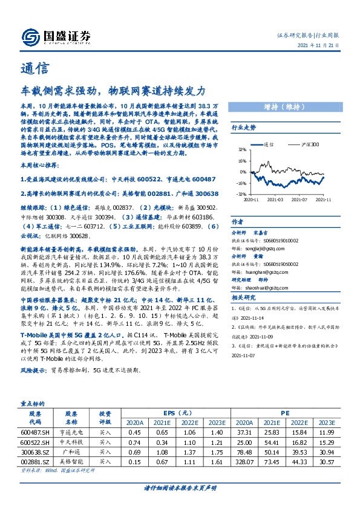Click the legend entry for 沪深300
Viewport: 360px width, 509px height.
309,146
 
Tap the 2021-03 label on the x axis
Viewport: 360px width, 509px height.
276,199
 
